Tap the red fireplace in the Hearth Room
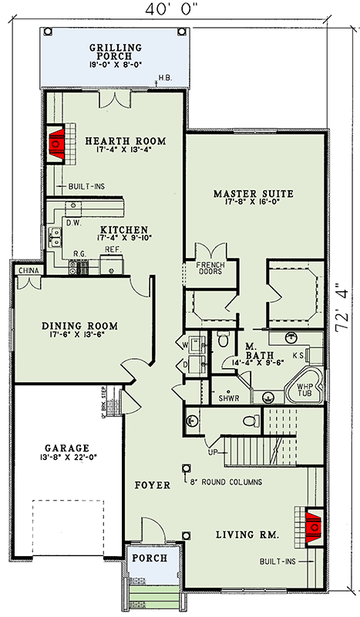56,144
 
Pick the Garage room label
67,448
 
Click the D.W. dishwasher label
74,223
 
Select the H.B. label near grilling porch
165,78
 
